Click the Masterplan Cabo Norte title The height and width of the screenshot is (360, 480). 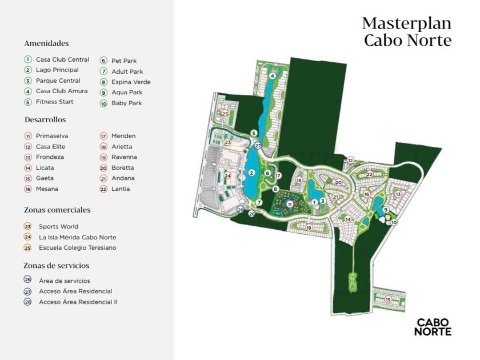click(406, 31)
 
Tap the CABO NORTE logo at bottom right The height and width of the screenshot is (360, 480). click(433, 327)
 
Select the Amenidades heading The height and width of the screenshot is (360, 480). click(46, 43)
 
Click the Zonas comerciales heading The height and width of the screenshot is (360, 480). click(57, 210)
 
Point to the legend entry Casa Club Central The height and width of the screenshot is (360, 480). click(62, 59)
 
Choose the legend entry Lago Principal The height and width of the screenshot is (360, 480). click(57, 70)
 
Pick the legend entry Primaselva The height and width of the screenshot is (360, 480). click(52, 136)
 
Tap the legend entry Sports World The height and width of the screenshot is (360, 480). click(58, 227)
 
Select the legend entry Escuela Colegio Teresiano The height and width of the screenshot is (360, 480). click(77, 248)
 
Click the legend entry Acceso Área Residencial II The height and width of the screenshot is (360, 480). click(78, 302)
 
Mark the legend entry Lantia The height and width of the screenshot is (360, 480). click(121, 189)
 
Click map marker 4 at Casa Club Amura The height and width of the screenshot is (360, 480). click(273, 76)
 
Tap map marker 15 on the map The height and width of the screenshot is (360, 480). click(389, 299)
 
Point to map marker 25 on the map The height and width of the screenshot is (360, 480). click(225, 114)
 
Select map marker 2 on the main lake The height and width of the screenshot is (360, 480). click(251, 173)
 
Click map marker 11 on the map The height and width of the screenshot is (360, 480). click(290, 204)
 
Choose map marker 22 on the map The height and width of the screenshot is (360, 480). click(370, 174)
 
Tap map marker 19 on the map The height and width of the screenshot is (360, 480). click(309, 228)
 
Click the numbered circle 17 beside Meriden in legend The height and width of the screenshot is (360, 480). click(104, 136)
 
